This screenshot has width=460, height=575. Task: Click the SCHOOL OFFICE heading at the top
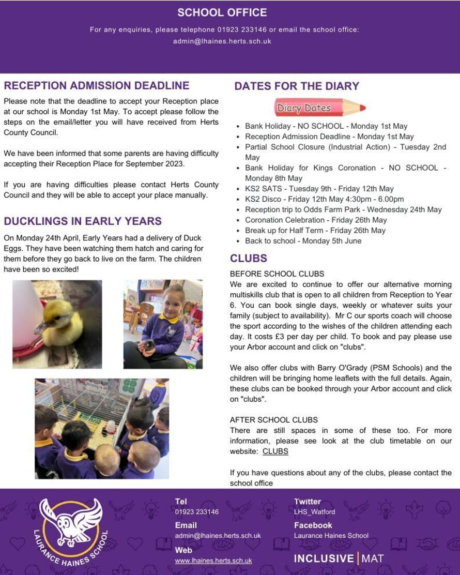click(222, 12)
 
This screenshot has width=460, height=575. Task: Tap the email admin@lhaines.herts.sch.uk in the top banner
click(222, 41)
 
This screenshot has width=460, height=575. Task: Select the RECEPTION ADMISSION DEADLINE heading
click(97, 86)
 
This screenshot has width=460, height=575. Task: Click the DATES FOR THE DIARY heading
click(297, 86)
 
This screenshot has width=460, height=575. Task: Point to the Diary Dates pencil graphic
click(319, 108)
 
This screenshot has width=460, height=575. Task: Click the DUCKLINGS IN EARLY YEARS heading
click(83, 221)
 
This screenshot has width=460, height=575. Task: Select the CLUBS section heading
click(249, 259)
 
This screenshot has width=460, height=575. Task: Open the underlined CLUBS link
click(275, 451)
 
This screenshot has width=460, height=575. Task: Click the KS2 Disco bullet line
click(325, 199)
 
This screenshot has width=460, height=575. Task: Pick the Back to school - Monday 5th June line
click(303, 241)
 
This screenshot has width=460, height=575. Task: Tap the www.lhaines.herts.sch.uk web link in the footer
click(213, 561)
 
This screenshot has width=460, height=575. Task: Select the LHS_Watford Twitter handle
click(314, 512)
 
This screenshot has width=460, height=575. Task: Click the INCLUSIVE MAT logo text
click(339, 558)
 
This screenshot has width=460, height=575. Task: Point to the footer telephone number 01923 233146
click(197, 512)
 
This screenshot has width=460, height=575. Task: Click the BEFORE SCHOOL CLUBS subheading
click(277, 274)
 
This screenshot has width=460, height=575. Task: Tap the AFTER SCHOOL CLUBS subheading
click(274, 420)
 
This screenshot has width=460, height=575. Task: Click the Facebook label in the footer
click(313, 525)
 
